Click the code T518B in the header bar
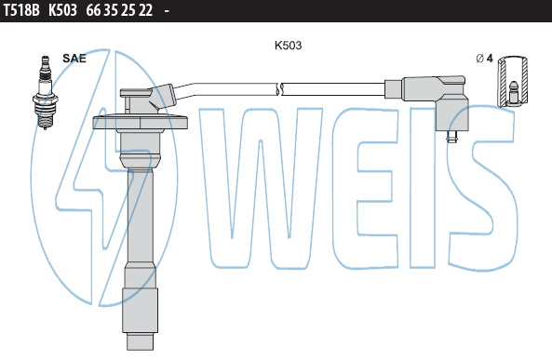click(21, 10)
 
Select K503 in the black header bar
click(62, 10)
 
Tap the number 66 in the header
click(93, 10)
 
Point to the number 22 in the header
click(145, 10)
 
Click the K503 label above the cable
click(288, 46)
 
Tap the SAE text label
click(74, 58)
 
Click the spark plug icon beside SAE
click(45, 92)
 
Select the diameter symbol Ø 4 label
click(484, 59)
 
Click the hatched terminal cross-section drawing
click(512, 81)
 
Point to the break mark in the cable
click(279, 89)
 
